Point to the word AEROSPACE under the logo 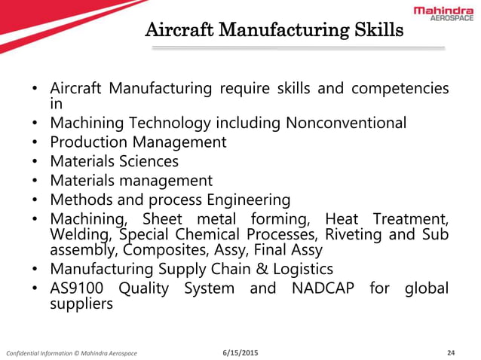(x=452, y=20)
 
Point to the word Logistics (x=301, y=268)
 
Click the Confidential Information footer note (x=72, y=352)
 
